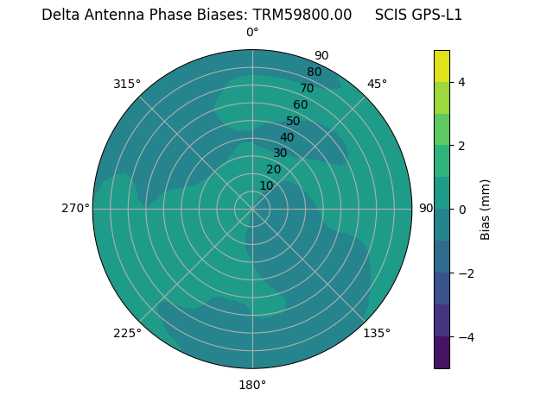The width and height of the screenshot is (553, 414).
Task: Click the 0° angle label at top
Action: tap(252, 33)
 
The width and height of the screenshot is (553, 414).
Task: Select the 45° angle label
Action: tap(377, 84)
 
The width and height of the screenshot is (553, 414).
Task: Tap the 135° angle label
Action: tap(377, 333)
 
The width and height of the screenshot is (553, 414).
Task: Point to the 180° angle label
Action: tap(252, 385)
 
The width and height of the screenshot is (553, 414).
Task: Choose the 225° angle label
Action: tap(127, 333)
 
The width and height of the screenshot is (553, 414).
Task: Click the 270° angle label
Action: tap(75, 208)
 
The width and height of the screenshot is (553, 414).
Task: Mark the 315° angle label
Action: tap(127, 84)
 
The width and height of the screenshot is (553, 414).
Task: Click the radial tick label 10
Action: tap(266, 185)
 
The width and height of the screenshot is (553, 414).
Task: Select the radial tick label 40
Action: tap(287, 137)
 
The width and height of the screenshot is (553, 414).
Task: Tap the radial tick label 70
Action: tap(307, 88)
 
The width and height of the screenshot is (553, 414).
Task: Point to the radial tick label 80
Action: tap(314, 72)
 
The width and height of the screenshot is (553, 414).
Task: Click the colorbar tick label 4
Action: tap(462, 82)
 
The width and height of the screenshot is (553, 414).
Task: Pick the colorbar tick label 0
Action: tap(462, 210)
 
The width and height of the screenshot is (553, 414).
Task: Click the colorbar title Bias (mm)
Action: tap(486, 210)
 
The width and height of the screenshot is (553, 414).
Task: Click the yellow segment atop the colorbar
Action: tap(442, 66)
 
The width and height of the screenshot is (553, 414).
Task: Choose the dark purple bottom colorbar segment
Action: tap(442, 353)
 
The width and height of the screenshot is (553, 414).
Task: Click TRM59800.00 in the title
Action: tap(302, 15)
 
